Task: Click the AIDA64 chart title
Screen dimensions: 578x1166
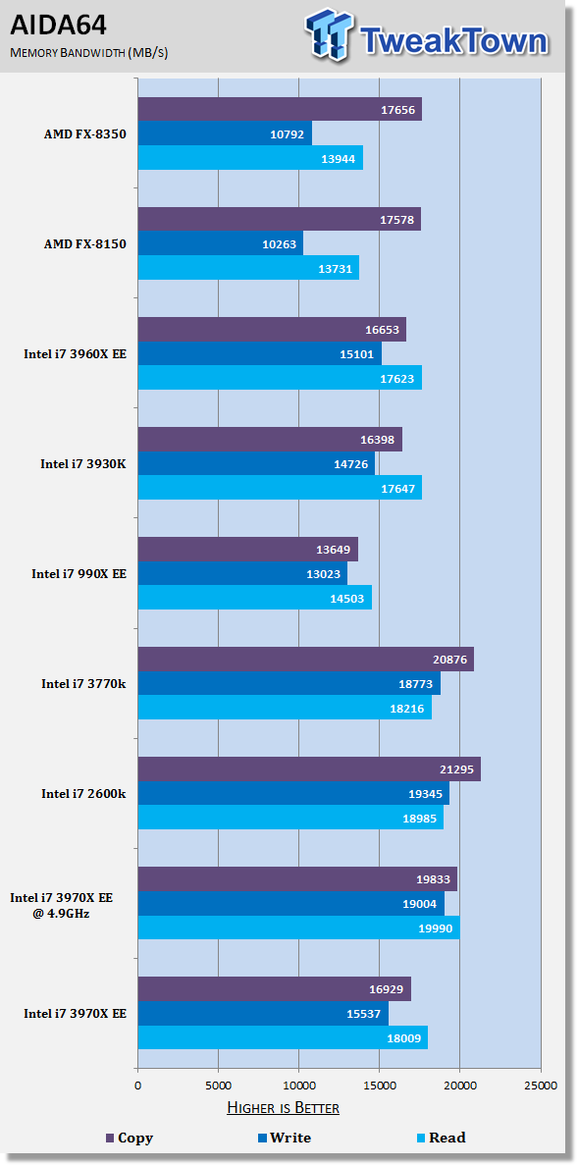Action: click(x=58, y=26)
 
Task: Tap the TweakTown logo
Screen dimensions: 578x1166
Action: click(x=427, y=34)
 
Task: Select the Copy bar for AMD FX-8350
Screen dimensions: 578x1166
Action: click(x=280, y=109)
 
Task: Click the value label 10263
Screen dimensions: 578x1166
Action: click(x=282, y=243)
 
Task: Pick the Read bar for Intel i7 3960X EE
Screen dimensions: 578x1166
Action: click(x=280, y=378)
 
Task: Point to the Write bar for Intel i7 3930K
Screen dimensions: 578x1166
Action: click(x=256, y=463)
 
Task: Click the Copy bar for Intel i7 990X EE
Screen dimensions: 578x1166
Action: click(x=247, y=549)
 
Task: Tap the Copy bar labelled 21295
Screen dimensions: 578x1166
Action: click(x=309, y=768)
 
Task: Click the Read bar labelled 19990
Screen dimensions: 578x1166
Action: click(x=298, y=927)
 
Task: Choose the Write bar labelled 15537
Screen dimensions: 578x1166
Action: click(x=263, y=1012)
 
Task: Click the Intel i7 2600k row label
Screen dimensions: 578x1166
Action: click(x=83, y=793)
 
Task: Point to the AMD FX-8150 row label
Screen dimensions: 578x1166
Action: click(x=85, y=244)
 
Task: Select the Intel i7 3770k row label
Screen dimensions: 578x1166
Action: click(x=83, y=683)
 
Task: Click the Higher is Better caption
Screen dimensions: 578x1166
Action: click(x=283, y=1108)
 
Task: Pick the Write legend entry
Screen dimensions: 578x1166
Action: click(x=284, y=1138)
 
